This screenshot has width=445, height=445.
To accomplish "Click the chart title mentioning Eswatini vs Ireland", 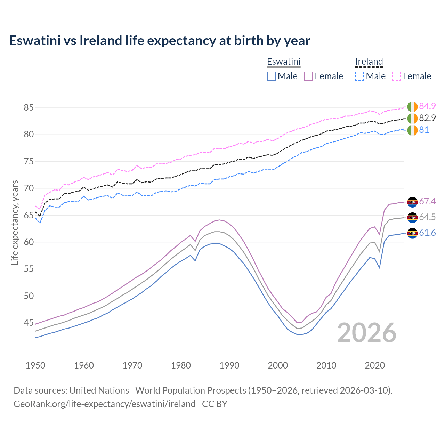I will (x=160, y=41).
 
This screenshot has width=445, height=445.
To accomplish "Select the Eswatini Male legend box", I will (x=272, y=76).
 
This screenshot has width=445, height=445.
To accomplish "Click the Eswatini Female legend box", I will (x=308, y=76).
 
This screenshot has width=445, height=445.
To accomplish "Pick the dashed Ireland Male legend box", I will (x=359, y=76).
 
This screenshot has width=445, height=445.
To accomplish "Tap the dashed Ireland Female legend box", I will (x=397, y=76).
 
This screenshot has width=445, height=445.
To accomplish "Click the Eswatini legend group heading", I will (x=283, y=62).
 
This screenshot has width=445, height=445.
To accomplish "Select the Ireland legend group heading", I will (x=369, y=62).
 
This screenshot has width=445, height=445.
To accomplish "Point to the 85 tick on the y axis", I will (x=29, y=108).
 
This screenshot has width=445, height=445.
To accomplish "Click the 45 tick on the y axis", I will (x=29, y=323).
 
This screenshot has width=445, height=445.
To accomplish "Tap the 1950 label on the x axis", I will (x=35, y=365).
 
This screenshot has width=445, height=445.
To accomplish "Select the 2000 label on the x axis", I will (x=278, y=365).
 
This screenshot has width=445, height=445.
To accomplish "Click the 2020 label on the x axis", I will (x=375, y=365).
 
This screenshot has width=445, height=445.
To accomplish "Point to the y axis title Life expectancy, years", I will (x=15, y=222).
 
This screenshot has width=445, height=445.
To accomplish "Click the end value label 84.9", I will (x=427, y=106).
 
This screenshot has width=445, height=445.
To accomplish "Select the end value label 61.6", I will (x=427, y=233).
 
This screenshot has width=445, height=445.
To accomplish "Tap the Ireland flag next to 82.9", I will (x=412, y=118).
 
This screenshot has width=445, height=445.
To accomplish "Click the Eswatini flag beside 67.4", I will (x=412, y=202).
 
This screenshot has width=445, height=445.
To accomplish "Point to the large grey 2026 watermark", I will (x=367, y=333).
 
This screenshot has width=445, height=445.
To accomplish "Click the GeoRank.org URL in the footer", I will (x=104, y=404).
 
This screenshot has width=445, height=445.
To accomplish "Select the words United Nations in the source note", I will (x=99, y=390).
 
